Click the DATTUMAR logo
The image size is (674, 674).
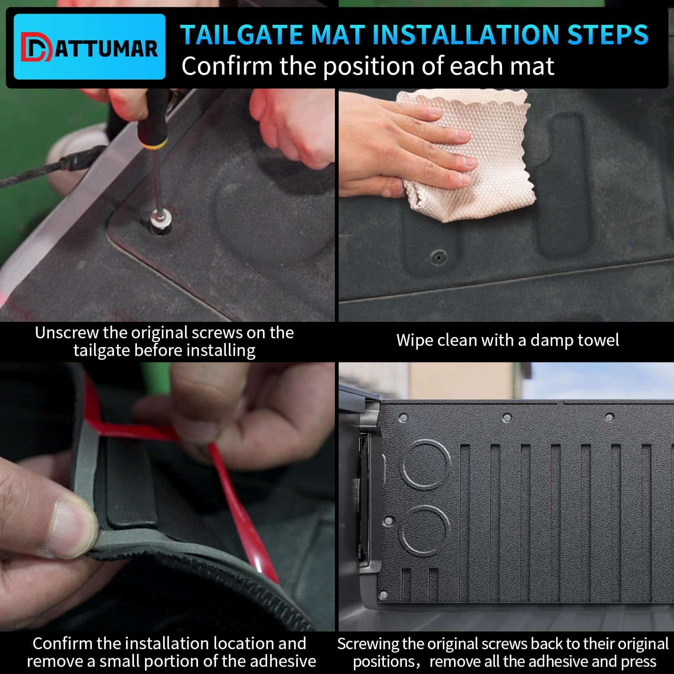[x=89, y=47]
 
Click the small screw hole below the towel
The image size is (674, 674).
[x=439, y=256]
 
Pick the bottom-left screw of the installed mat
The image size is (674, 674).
[x=383, y=595]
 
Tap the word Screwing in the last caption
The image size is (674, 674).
[x=368, y=644]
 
